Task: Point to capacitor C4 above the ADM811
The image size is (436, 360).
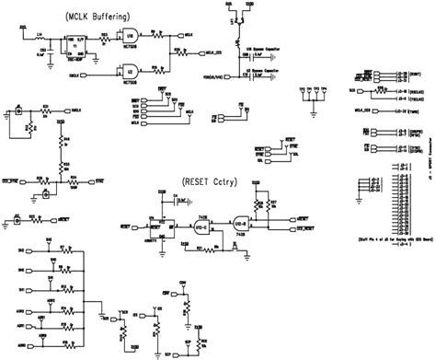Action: click(x=163, y=197)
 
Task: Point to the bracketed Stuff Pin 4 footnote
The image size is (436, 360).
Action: click(x=384, y=238)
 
